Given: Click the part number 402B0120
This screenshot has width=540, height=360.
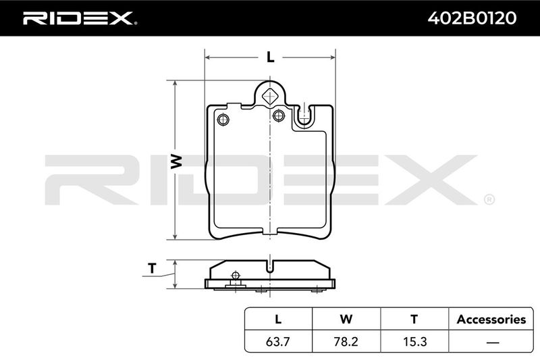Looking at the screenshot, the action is pos(472,18).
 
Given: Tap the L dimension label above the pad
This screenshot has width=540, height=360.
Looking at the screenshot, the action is pos(271,57).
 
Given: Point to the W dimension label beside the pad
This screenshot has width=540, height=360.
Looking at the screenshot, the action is pos(176,161).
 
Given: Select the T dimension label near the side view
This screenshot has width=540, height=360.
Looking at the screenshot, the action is pos(152,268).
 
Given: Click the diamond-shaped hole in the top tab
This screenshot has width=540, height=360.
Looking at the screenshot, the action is pos(269,96).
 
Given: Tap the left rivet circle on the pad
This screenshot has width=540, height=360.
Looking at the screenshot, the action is pos(223,120).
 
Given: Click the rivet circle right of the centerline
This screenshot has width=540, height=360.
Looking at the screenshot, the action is pos(279,115).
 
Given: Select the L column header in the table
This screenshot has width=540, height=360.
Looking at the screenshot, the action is pos(278,319).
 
